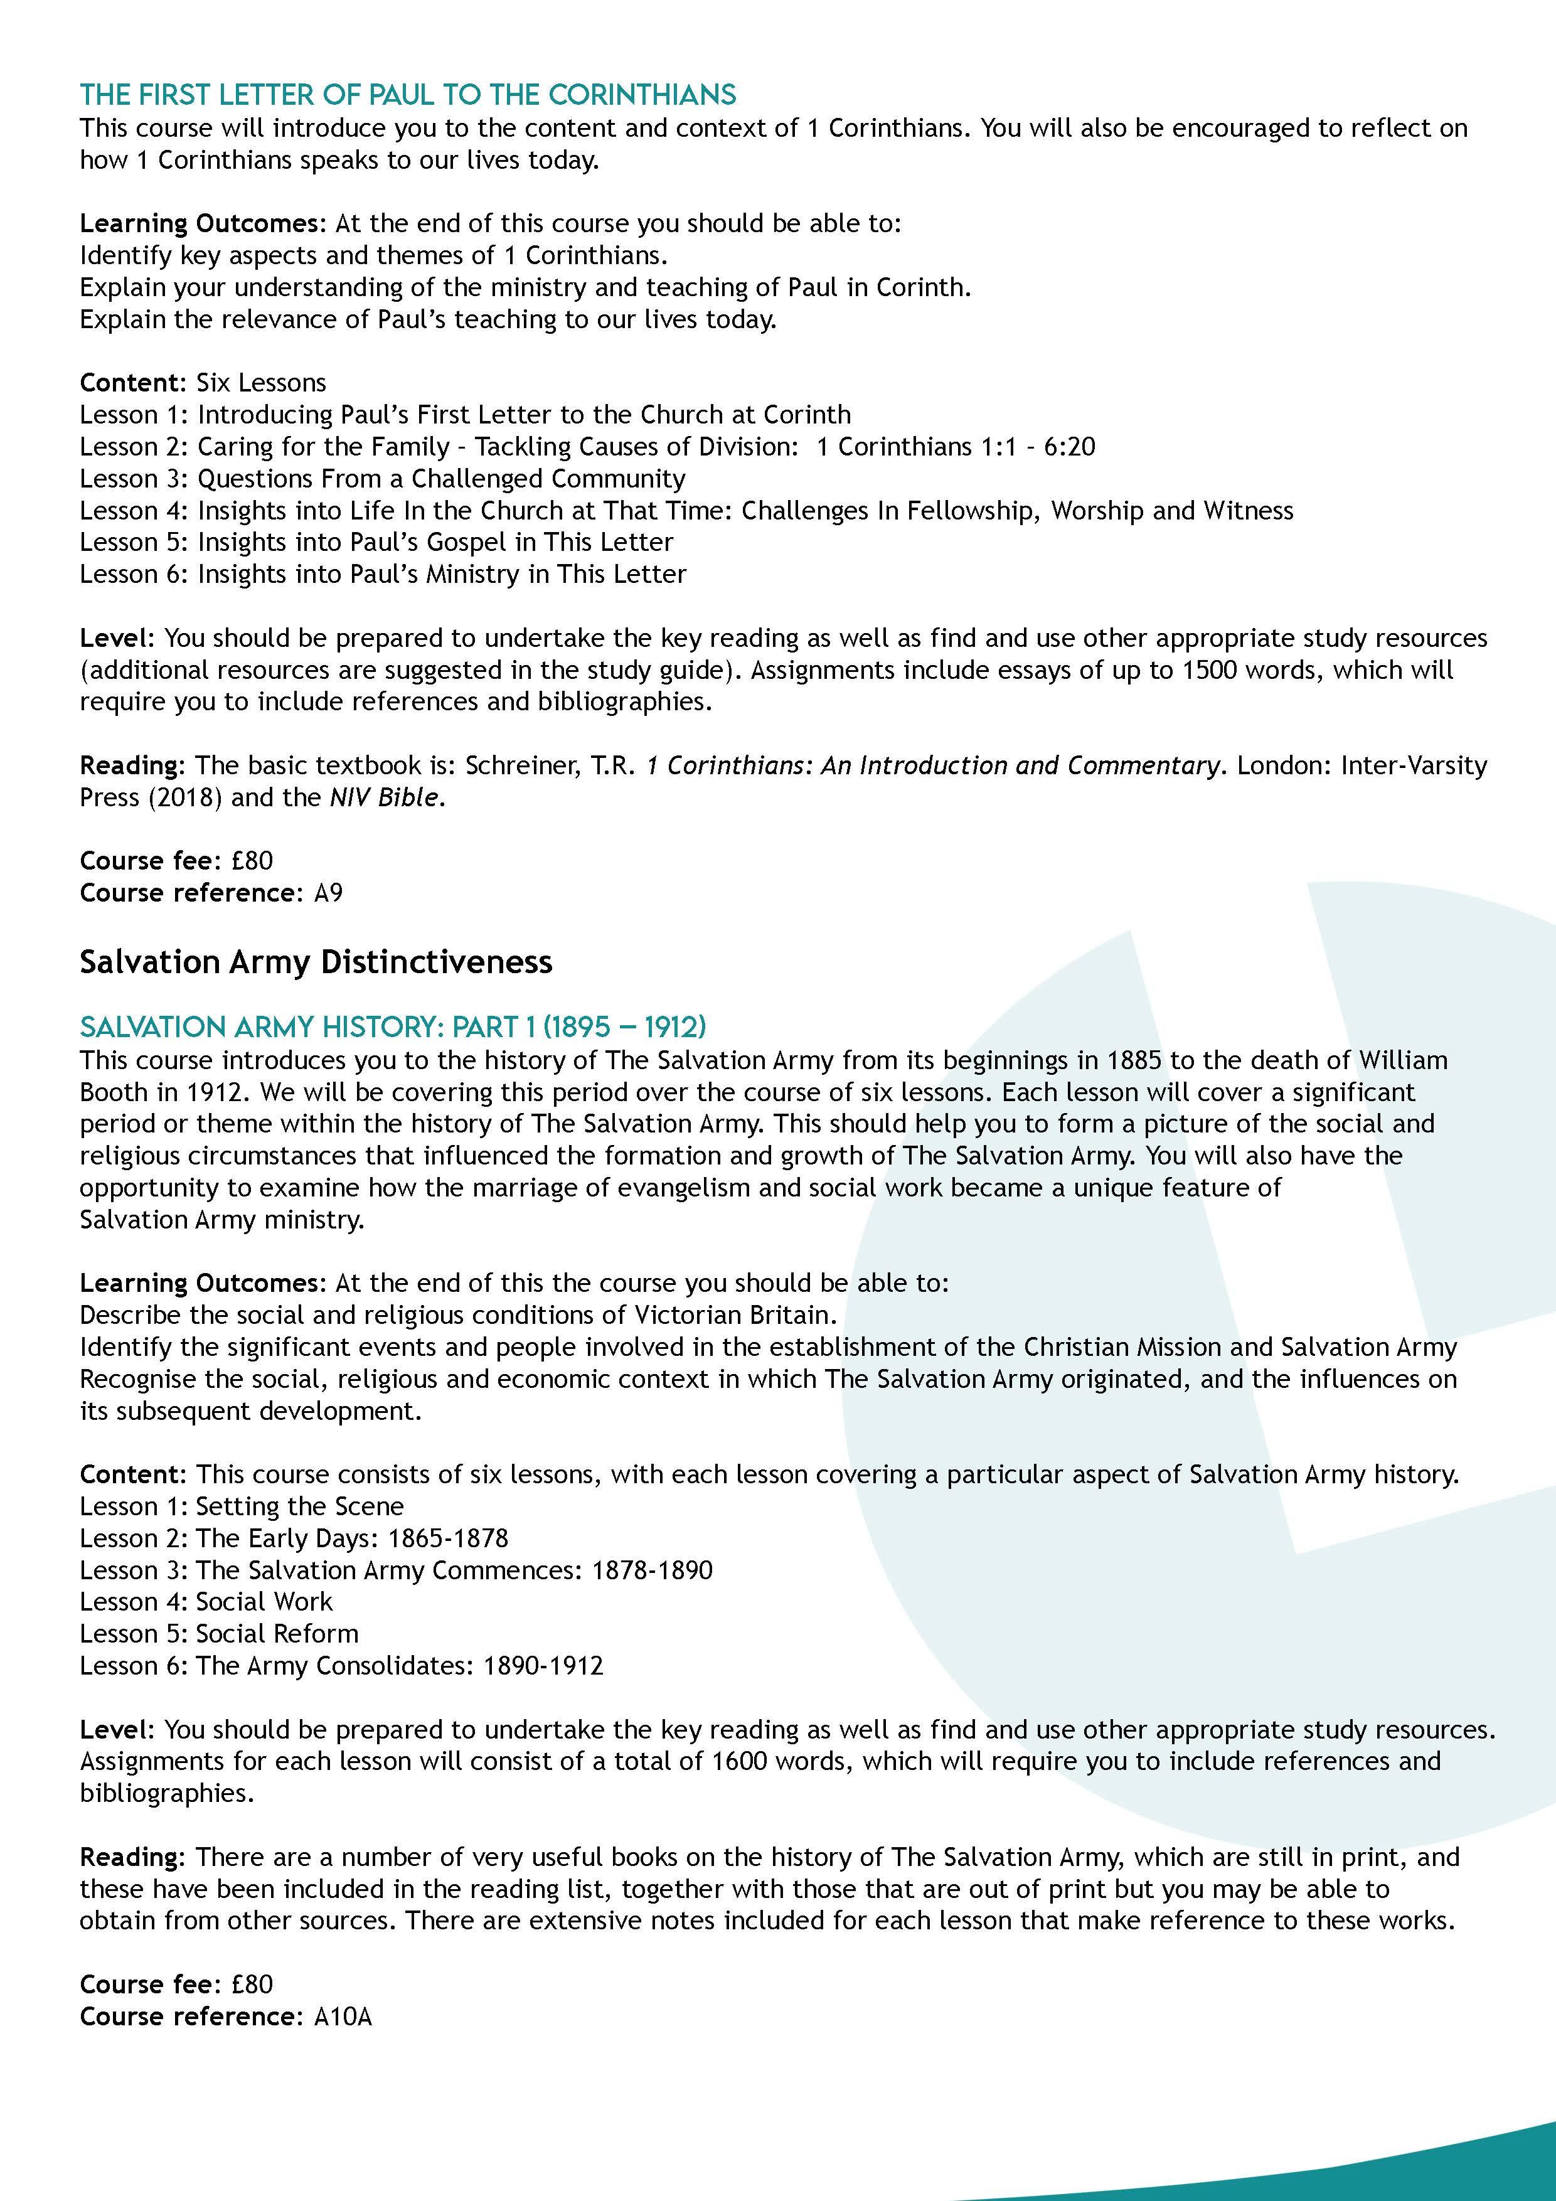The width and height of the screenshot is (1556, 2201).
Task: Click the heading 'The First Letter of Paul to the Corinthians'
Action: tap(407, 95)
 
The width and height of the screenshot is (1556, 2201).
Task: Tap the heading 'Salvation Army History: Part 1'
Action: tap(392, 1028)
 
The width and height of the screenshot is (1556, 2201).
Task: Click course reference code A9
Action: tap(328, 893)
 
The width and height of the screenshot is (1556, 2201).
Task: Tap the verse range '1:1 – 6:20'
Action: tap(955, 447)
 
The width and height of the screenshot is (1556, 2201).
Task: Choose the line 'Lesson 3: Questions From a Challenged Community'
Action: tap(383, 478)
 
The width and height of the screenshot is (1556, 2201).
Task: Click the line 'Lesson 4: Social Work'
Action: tap(206, 1602)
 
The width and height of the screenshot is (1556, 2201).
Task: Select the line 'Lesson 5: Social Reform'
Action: tap(218, 1633)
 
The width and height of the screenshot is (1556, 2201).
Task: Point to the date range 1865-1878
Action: tap(448, 1538)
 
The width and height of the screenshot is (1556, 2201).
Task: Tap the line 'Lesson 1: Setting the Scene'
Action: tap(242, 1506)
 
